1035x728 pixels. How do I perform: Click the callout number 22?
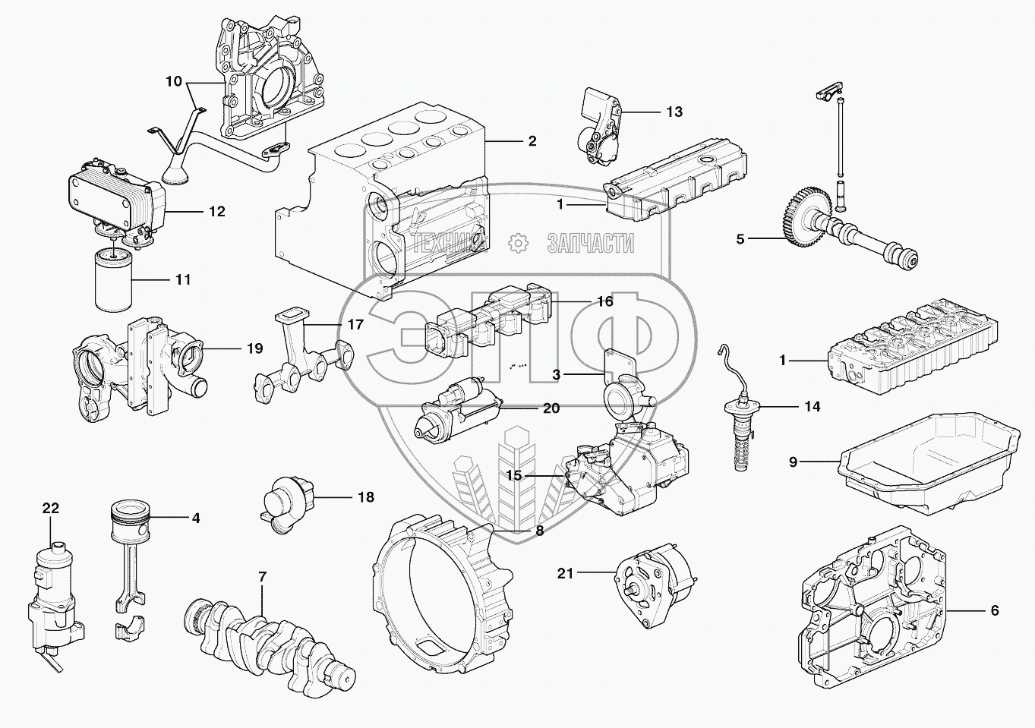[50, 508]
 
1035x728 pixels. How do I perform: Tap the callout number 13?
[674, 112]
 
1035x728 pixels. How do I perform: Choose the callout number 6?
[994, 610]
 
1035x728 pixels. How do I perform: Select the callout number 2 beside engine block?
[532, 140]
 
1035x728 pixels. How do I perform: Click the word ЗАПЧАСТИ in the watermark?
[590, 243]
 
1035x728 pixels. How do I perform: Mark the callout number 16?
[604, 301]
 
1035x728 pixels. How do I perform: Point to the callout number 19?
[255, 348]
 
